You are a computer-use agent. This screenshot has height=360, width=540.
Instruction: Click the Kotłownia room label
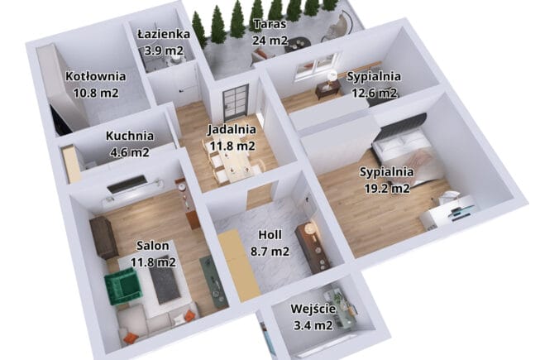[95, 76]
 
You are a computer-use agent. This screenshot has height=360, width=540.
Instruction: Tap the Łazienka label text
[164, 34]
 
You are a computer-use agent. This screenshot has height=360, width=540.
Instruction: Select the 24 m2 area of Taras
[270, 41]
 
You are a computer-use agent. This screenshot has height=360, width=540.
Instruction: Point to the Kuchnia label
[130, 136]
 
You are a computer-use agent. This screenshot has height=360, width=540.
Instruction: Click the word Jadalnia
[232, 130]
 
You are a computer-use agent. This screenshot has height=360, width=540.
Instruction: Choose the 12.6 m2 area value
[374, 93]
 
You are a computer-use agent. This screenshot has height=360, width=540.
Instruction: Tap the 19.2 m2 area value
[387, 189]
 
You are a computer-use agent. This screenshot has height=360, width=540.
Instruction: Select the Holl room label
[270, 235]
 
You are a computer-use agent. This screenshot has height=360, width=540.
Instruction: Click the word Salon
[152, 246]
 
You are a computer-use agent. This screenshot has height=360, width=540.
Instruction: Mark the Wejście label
[313, 309]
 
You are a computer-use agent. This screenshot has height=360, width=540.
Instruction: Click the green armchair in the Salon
[123, 287]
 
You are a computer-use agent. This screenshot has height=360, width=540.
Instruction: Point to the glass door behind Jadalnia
[235, 103]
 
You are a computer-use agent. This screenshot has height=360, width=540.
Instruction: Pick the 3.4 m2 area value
[313, 325]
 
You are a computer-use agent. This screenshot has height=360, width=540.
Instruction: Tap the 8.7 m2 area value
[270, 252]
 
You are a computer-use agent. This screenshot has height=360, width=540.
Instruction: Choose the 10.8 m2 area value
[96, 93]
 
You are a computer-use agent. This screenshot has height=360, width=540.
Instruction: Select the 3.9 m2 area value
[164, 51]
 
